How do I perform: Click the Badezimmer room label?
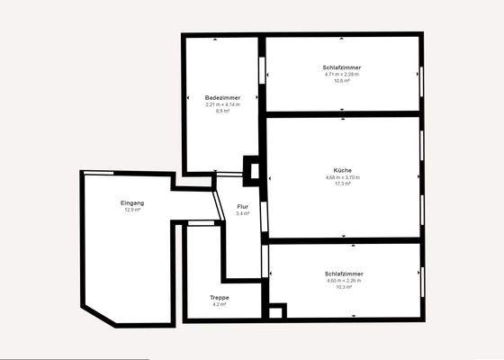click(221, 97)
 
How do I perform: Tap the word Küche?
click(342, 170)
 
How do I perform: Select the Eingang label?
click(132, 202)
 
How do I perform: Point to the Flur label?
click(242, 207)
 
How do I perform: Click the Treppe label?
click(220, 298)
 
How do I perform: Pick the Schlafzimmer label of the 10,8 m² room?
click(342, 68)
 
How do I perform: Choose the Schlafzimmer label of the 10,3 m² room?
click(345, 274)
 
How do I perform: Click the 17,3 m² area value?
click(342, 184)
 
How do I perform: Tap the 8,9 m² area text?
click(221, 111)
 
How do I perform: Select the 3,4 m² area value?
click(242, 214)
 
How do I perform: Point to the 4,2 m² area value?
click(220, 305)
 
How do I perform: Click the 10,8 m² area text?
click(342, 81)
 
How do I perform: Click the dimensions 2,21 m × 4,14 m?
click(221, 104)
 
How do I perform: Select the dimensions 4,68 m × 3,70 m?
click(342, 177)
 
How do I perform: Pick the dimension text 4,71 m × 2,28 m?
click(342, 75)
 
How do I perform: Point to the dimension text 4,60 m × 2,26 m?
click(345, 280)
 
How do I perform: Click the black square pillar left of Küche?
click(251, 171)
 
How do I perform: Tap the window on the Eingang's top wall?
click(101, 172)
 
